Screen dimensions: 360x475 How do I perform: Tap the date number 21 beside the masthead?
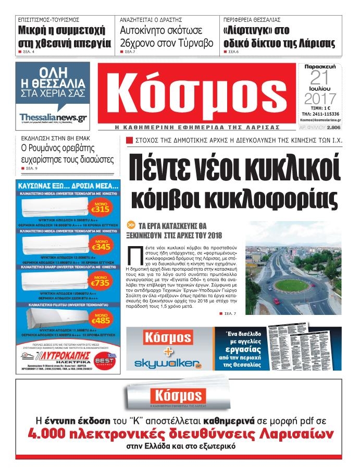[320, 78]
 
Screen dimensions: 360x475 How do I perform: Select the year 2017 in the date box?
[320, 98]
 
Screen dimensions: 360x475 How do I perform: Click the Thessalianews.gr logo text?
[52, 117]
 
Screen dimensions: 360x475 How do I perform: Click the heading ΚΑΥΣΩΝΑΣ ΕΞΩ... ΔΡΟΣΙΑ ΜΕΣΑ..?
[68, 185]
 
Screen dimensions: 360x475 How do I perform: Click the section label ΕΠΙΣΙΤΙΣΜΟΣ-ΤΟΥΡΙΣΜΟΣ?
[48, 19]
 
